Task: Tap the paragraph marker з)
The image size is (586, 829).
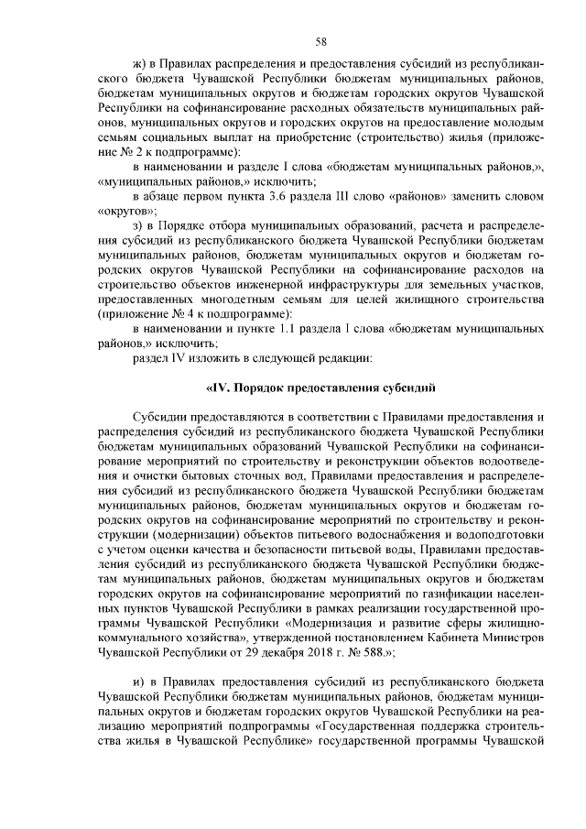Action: click(139, 225)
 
